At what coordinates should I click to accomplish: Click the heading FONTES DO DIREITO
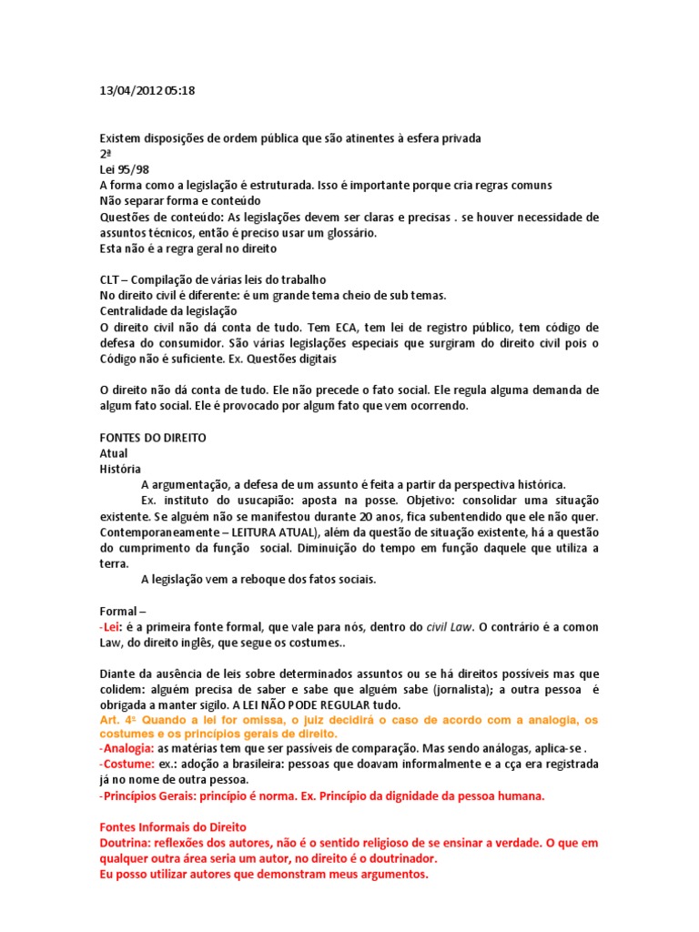click(x=153, y=438)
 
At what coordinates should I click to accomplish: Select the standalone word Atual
click(x=114, y=453)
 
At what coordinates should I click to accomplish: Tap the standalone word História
click(x=119, y=469)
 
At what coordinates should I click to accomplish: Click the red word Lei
click(x=111, y=626)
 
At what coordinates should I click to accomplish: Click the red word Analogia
click(x=127, y=749)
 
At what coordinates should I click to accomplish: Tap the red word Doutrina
click(x=125, y=844)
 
